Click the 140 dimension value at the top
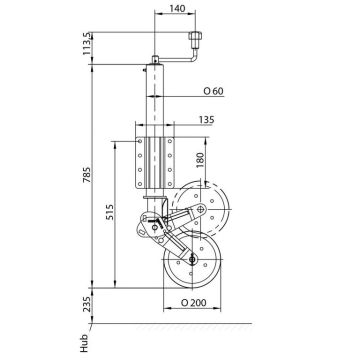coord(177,8)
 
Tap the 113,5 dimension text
coord(86,44)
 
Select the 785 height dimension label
coord(86,175)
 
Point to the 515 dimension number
coord(110,213)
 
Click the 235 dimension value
coord(86,304)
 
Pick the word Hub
coord(84,343)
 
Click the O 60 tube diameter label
coord(213,91)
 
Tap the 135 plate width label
coord(206,120)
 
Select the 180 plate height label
coord(201,161)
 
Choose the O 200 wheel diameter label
coord(193,303)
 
